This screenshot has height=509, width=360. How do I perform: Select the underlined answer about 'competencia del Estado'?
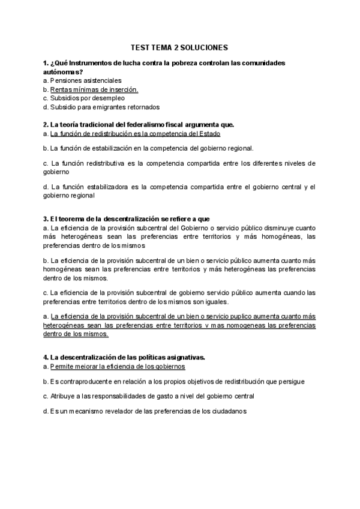135,133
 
